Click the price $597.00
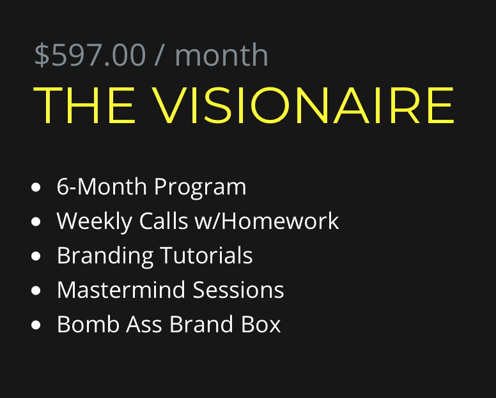90,55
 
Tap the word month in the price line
221,55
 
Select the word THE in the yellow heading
84,105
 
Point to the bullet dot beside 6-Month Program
36,187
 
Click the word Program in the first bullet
200,188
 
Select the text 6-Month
102,186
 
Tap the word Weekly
94,221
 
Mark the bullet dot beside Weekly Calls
36,221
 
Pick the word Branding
105,256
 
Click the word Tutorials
206,255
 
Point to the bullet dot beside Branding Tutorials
36,256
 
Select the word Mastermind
121,290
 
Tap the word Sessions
238,290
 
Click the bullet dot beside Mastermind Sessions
36,290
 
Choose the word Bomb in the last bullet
88,324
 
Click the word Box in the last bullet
261,324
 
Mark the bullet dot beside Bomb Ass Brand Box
36,325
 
